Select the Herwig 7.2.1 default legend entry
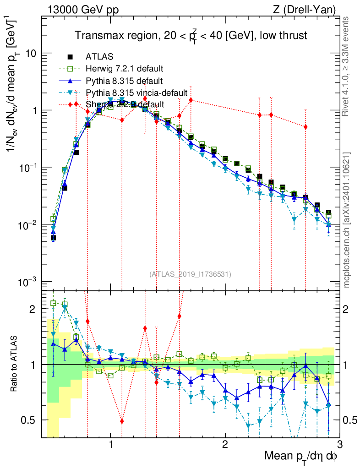(x=124, y=69)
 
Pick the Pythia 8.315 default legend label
(x=124, y=81)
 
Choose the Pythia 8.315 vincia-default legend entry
(x=136, y=93)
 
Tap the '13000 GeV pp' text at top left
(x=82, y=10)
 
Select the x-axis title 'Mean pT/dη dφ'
(x=301, y=456)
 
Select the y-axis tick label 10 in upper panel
(x=30, y=54)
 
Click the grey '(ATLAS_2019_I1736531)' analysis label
(x=190, y=274)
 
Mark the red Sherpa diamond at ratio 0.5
(x=122, y=421)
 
